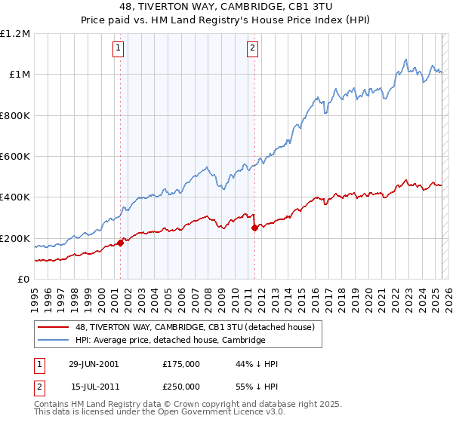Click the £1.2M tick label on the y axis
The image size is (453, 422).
(15, 34)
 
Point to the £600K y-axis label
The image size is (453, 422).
(15, 157)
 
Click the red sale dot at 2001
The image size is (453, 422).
(121, 243)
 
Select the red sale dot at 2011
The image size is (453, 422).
(254, 228)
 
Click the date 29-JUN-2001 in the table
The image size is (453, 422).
(94, 364)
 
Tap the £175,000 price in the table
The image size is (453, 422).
(181, 364)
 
